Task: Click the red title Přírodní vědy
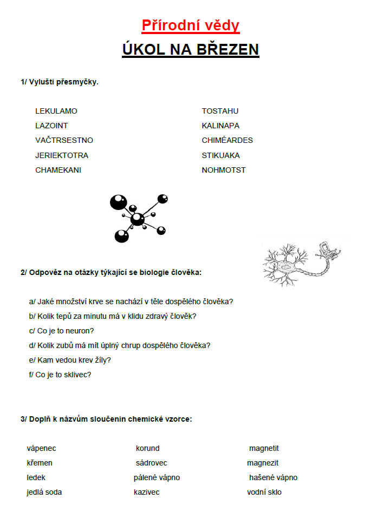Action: [x=190, y=25]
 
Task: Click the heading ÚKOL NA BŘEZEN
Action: [x=190, y=49]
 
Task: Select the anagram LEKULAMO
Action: [x=56, y=111]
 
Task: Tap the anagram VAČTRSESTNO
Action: [x=64, y=140]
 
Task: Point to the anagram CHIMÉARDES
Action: [x=227, y=140]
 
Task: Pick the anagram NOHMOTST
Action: [x=223, y=170]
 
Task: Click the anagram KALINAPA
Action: [x=220, y=126]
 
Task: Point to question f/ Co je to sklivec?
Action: [x=60, y=375]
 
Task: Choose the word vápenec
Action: [x=41, y=448]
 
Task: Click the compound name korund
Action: [x=147, y=448]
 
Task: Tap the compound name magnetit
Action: [x=264, y=448]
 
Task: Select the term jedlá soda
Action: [x=44, y=492]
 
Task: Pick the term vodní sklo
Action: [x=264, y=492]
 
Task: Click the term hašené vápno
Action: [x=273, y=477]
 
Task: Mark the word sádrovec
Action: [x=151, y=463]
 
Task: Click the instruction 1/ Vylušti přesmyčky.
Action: [x=60, y=82]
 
